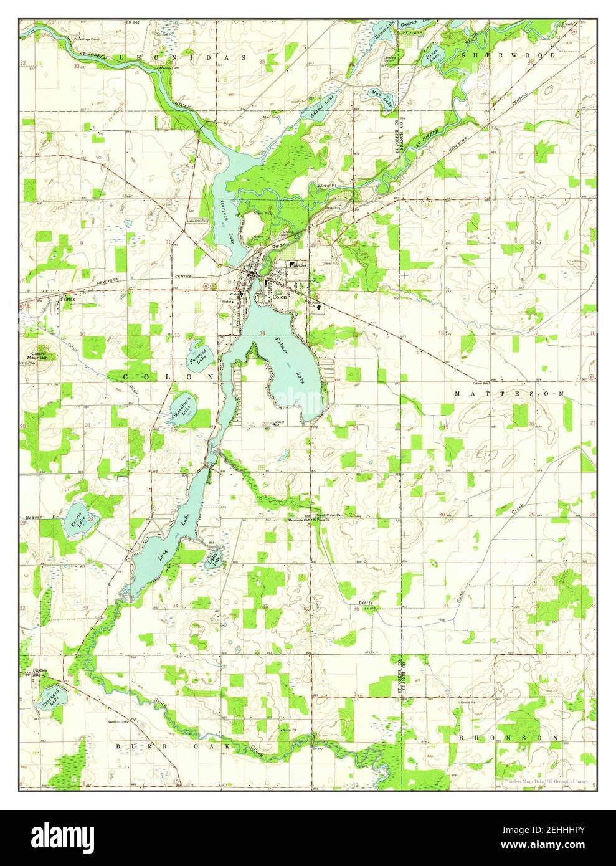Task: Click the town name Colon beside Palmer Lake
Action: [x=280, y=298]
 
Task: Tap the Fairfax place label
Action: [x=67, y=300]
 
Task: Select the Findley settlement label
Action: [x=40, y=671]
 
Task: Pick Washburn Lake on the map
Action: [x=182, y=409]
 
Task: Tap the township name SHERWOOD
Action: [x=508, y=55]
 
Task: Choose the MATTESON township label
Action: [x=509, y=394]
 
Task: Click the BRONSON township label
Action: [x=509, y=738]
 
